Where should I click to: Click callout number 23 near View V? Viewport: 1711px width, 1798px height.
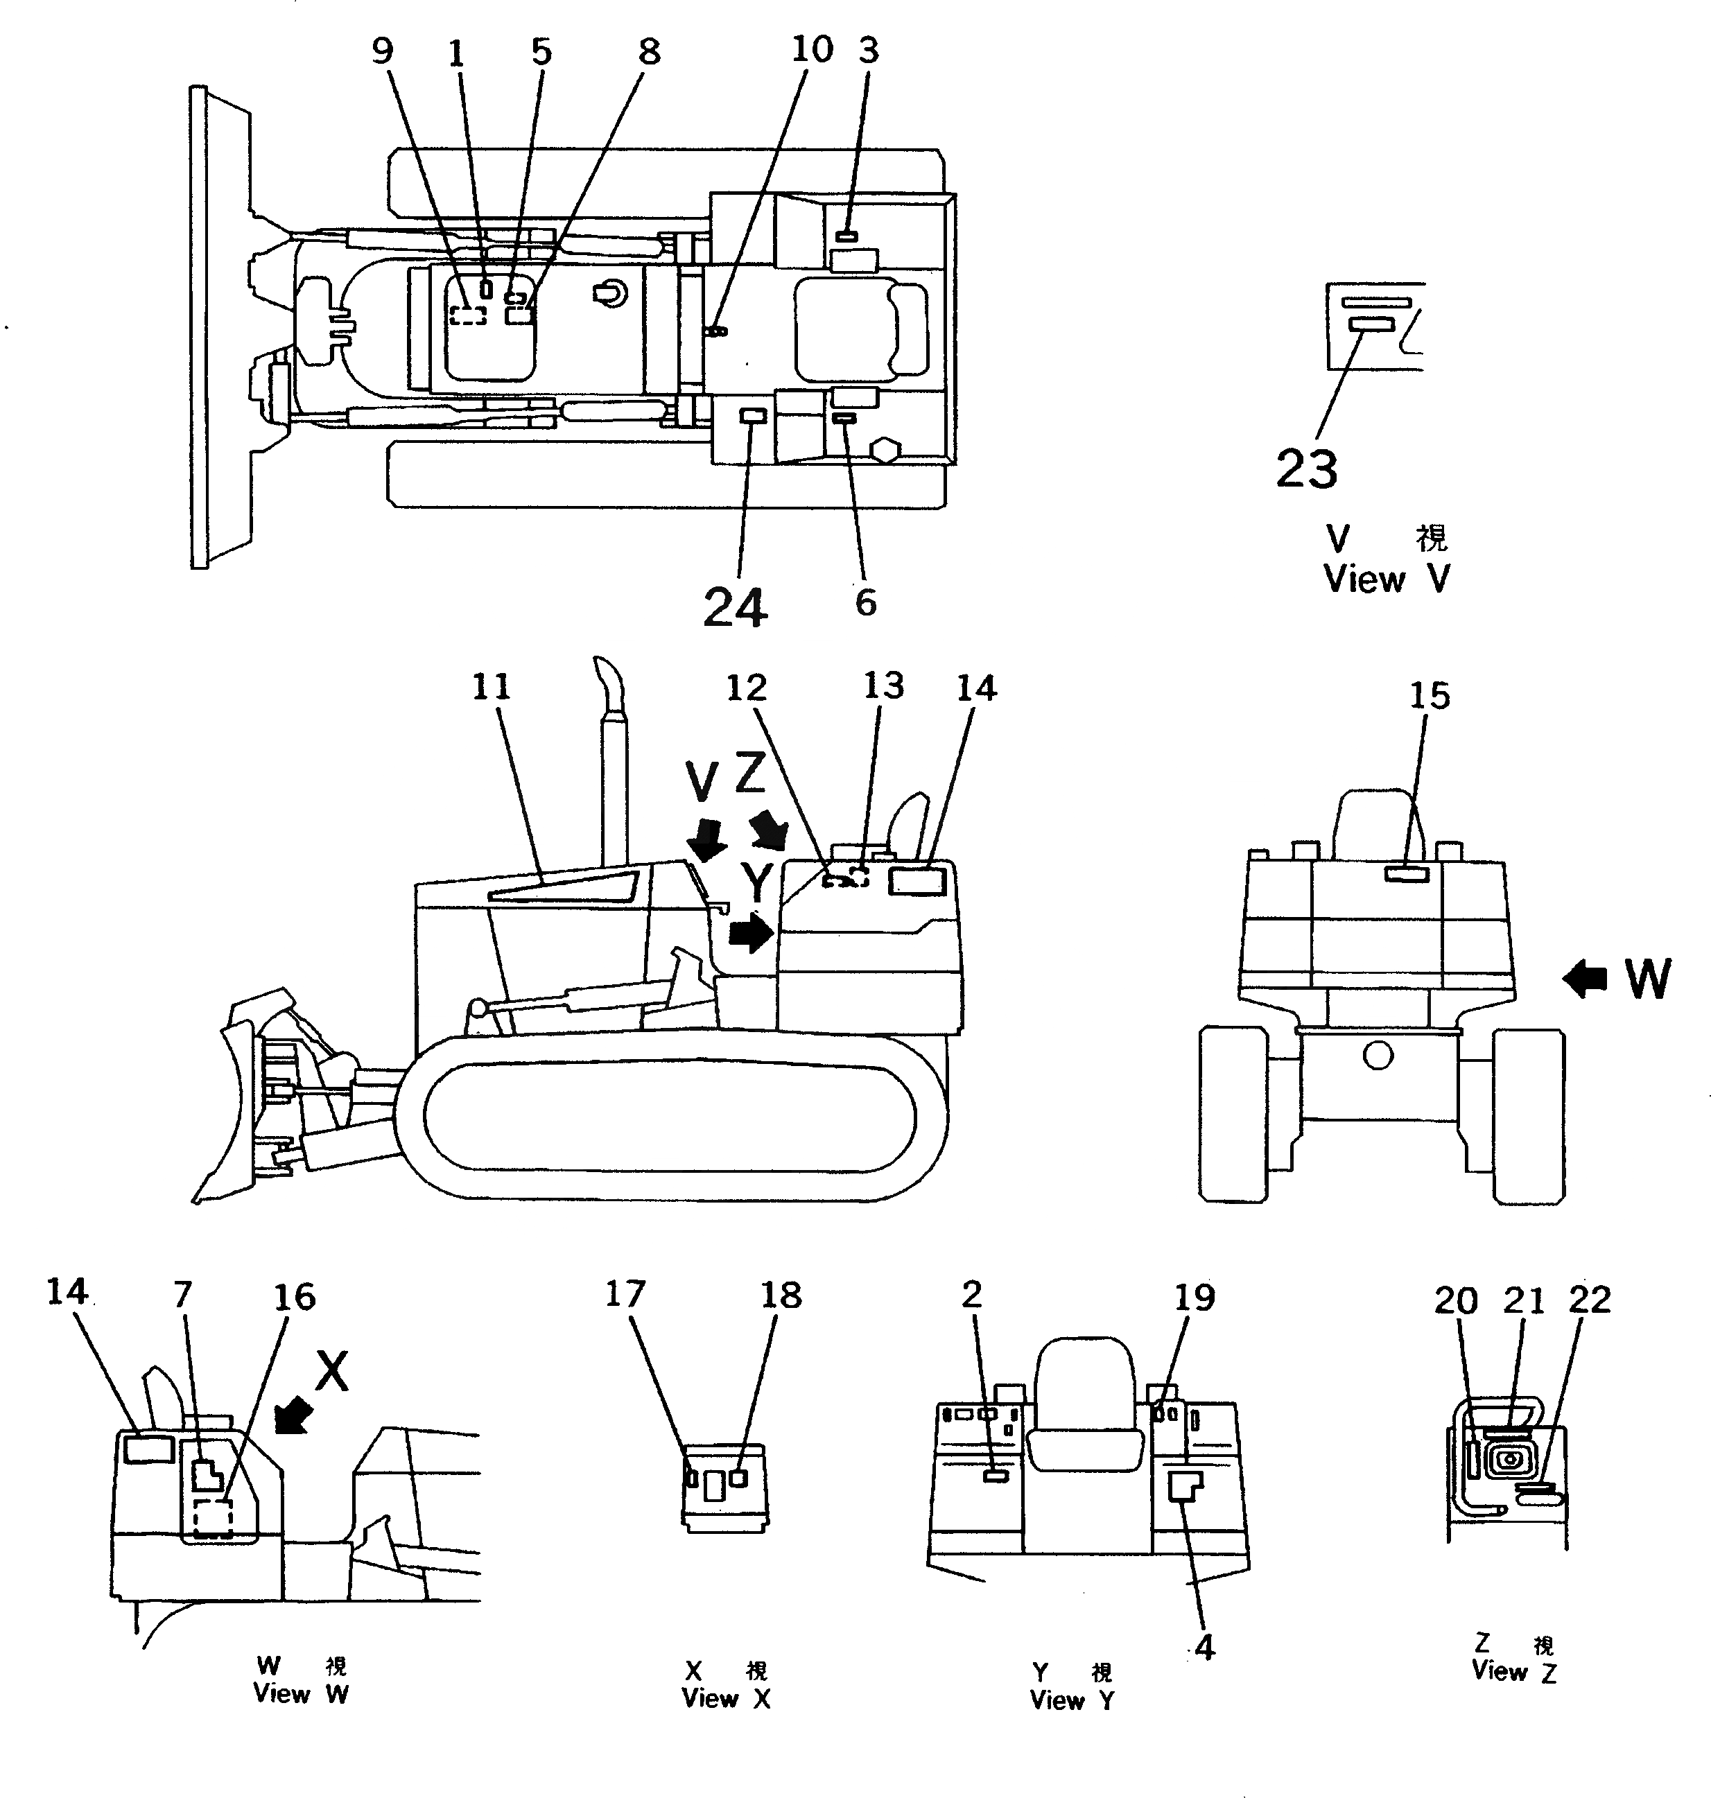coord(1306,469)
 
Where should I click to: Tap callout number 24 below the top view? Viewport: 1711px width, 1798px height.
coord(735,606)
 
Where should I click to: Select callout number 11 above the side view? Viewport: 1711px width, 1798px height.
coord(491,687)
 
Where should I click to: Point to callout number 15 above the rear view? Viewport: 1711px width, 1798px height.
coord(1429,697)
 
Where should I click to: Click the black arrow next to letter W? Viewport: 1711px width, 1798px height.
coord(1585,980)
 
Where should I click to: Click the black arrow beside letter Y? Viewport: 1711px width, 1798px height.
coord(752,933)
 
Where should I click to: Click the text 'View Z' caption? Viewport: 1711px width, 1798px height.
coord(1513,1671)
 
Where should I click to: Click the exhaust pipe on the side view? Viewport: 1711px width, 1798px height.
coord(613,775)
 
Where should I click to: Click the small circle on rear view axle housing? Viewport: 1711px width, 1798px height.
coord(1378,1056)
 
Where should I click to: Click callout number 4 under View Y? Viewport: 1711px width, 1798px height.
coord(1205,1647)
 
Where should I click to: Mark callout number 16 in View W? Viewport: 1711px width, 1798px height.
coord(295,1297)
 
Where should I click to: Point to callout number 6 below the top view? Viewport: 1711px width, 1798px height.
coord(865,602)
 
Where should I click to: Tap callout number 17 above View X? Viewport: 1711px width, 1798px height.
coord(625,1294)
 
